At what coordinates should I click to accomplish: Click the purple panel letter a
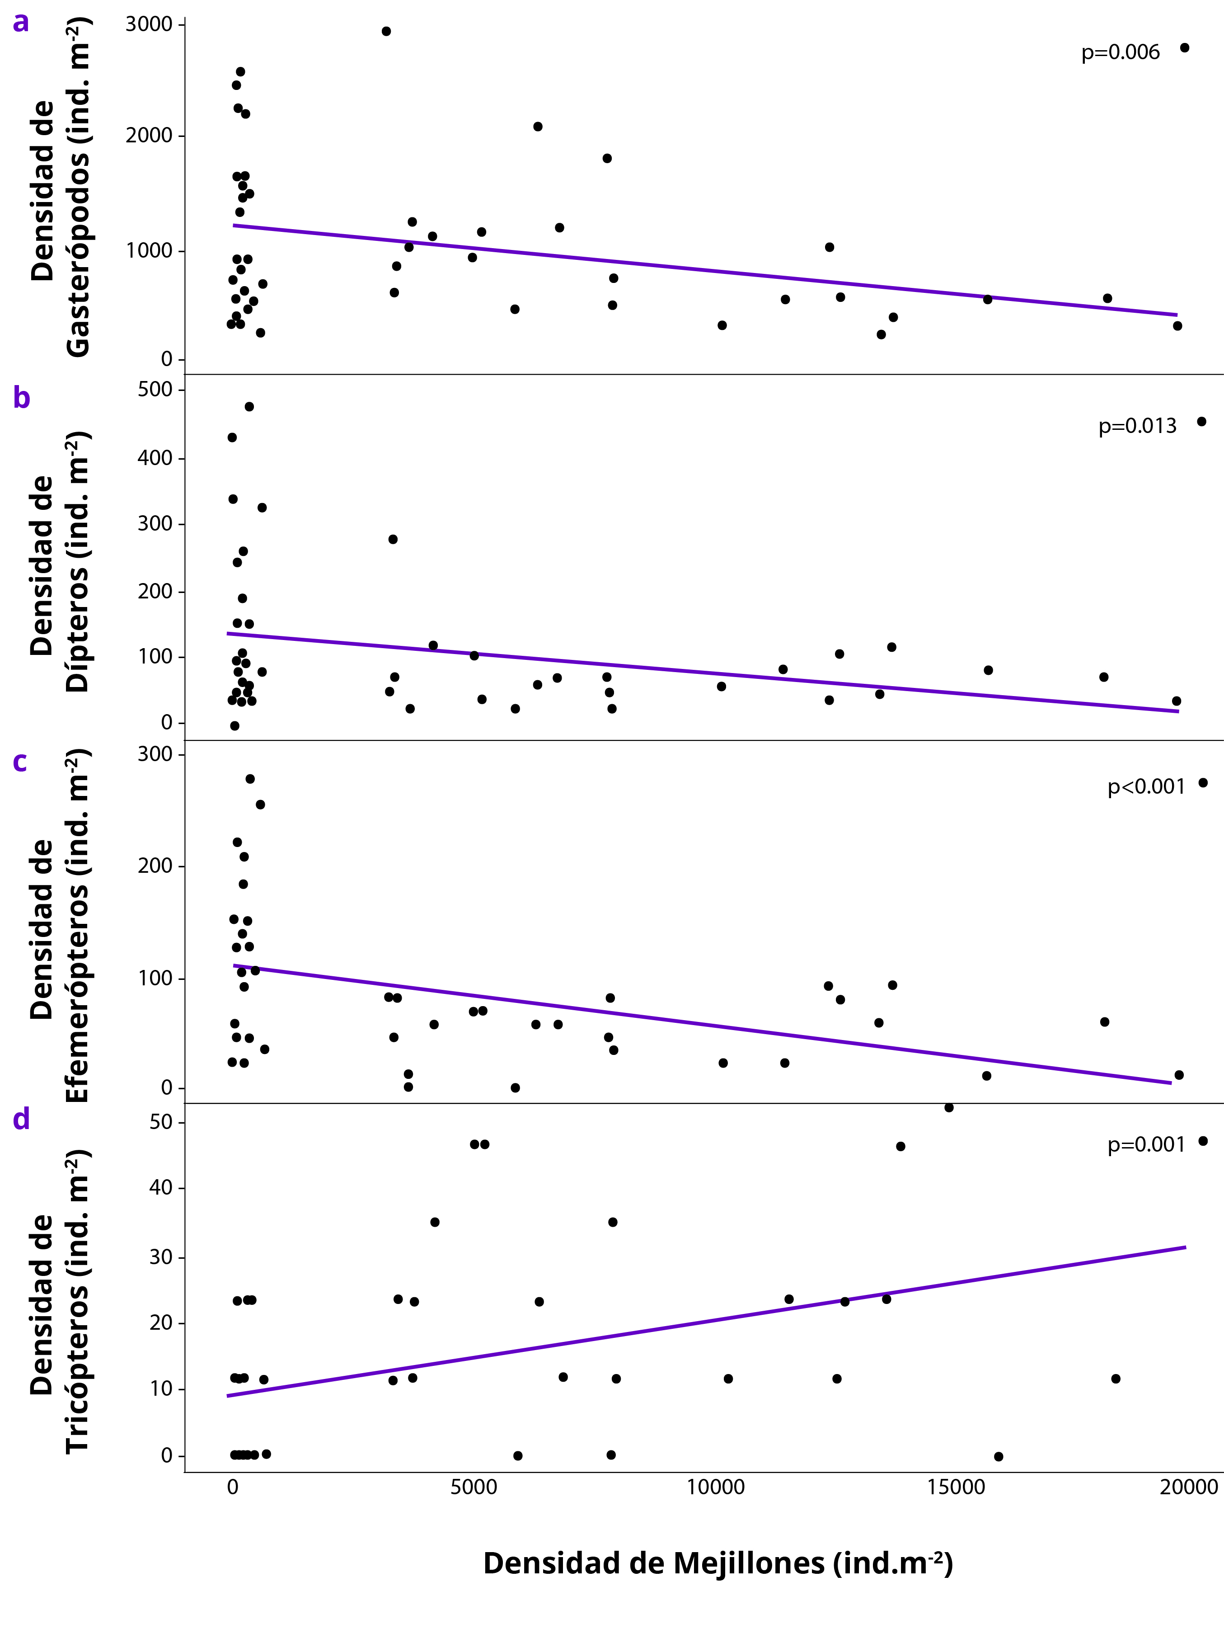pos(21,22)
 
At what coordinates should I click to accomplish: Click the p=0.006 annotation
pos(1120,52)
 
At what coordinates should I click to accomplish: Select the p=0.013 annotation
pos(1137,426)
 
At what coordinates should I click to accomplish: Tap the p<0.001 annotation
pos(1146,787)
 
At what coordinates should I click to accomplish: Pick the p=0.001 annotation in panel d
pos(1146,1145)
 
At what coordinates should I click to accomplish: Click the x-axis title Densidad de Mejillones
pos(717,1563)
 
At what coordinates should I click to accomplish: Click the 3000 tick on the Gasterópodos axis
pos(149,24)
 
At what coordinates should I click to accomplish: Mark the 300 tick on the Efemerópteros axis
pos(155,754)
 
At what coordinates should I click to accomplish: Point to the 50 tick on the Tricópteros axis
pos(161,1122)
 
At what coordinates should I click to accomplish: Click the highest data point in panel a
pos(386,31)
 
